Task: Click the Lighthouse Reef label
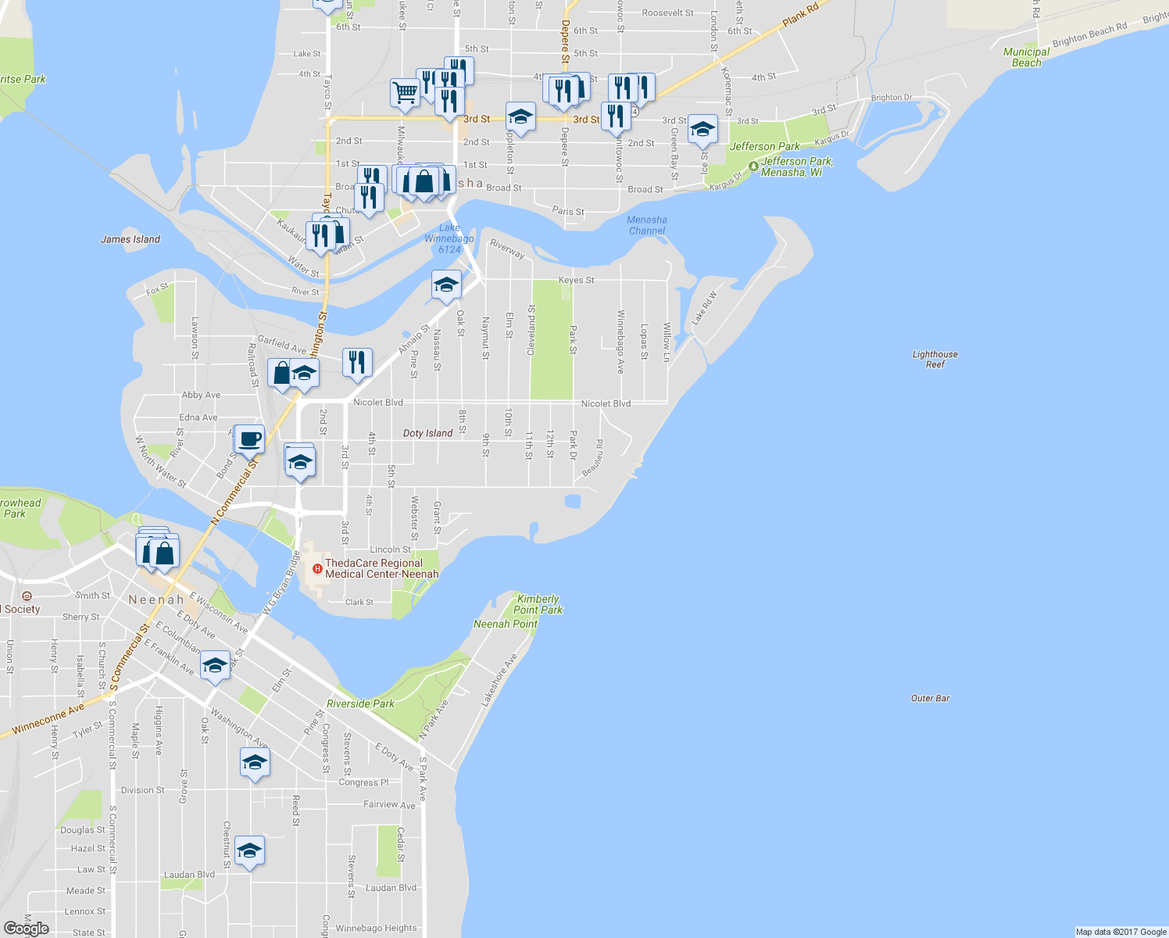point(935,360)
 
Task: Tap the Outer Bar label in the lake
point(930,698)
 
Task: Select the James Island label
point(130,239)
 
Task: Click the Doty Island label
point(427,433)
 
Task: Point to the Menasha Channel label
point(646,225)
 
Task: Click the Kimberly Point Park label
point(538,604)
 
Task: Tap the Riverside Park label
point(360,703)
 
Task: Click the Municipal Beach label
point(1026,57)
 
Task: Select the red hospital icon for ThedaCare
point(317,568)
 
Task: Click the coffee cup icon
point(249,439)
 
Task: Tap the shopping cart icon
point(405,91)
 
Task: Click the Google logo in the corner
point(26,929)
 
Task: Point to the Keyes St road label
point(576,280)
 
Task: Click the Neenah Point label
point(505,624)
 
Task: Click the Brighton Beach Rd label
point(1089,34)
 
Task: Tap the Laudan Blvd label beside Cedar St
point(391,888)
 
